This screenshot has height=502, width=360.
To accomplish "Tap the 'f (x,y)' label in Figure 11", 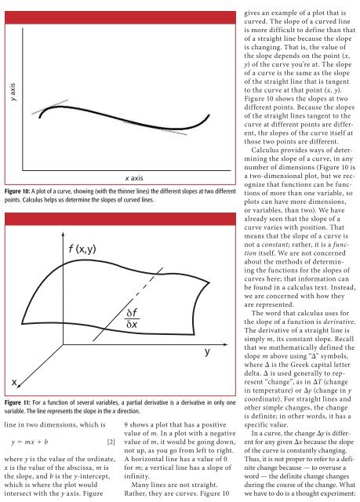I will (x=79, y=250).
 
